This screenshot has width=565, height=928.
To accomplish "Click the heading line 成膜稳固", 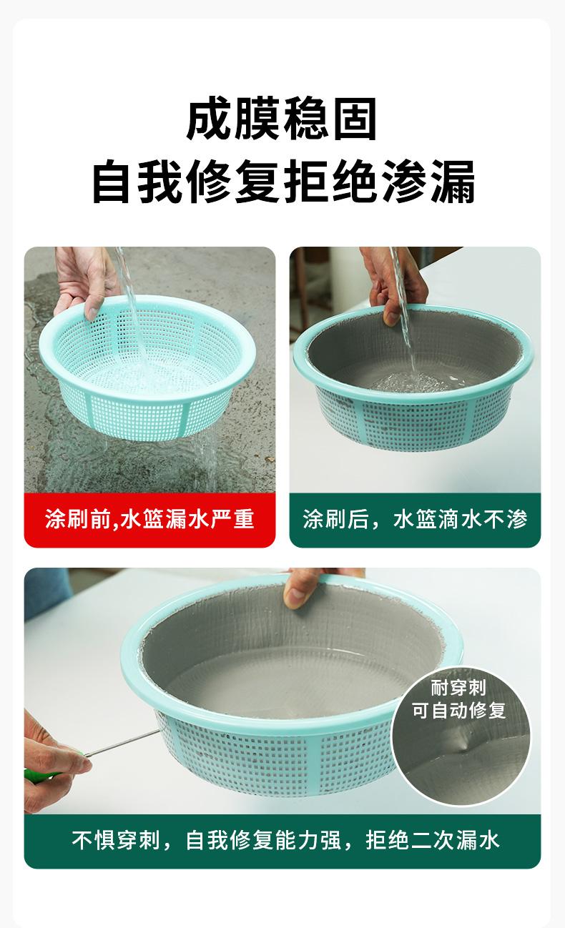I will [282, 119].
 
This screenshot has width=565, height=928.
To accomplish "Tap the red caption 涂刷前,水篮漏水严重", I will [149, 520].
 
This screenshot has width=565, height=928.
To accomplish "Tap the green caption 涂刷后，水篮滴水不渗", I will [415, 520].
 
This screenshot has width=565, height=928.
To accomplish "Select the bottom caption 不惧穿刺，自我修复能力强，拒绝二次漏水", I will [285, 841].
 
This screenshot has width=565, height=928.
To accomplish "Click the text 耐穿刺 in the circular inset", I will [458, 688].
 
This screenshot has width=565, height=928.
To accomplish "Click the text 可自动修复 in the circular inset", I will [458, 710].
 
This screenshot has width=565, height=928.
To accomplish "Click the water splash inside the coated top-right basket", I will [411, 382].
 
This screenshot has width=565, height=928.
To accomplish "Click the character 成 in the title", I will [209, 119].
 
